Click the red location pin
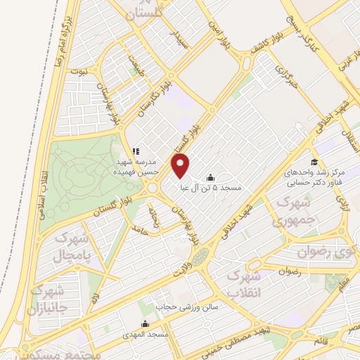[181, 167]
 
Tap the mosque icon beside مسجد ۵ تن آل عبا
[211, 177]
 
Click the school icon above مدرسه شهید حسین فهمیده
[136, 150]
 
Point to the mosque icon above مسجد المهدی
[146, 324]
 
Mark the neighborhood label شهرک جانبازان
[48, 300]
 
